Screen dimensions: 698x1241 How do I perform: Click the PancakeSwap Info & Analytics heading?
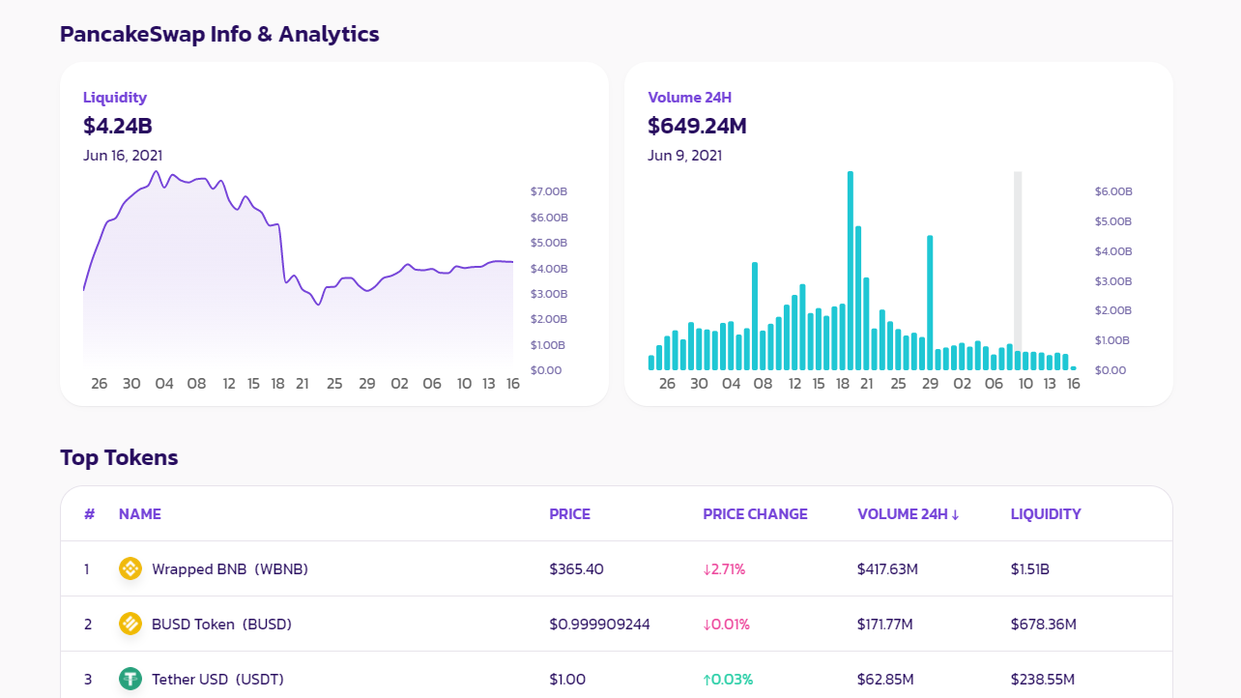pos(219,35)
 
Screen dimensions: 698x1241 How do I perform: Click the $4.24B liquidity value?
pos(118,127)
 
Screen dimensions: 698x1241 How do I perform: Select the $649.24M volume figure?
pos(697,127)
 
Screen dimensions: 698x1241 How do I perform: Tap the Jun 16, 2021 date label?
pos(123,156)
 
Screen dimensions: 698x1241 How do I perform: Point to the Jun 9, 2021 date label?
pos(684,156)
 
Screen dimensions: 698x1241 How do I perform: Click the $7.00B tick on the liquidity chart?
pos(549,191)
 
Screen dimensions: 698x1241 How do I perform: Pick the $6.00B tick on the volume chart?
pos(1113,191)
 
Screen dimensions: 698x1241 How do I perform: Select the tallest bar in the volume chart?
pos(851,271)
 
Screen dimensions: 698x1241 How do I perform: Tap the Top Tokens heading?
pos(119,458)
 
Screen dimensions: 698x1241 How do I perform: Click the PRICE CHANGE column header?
pos(755,514)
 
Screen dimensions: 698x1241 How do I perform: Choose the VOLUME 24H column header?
pos(908,514)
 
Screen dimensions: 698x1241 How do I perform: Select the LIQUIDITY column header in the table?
pos(1046,514)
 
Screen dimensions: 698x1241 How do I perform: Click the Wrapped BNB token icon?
pos(130,569)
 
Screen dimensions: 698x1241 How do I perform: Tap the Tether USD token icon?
pos(130,680)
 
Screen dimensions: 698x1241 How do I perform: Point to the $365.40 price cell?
pos(577,569)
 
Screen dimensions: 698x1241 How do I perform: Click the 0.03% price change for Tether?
pos(728,680)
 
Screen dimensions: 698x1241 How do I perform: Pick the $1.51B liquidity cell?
pos(1030,569)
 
